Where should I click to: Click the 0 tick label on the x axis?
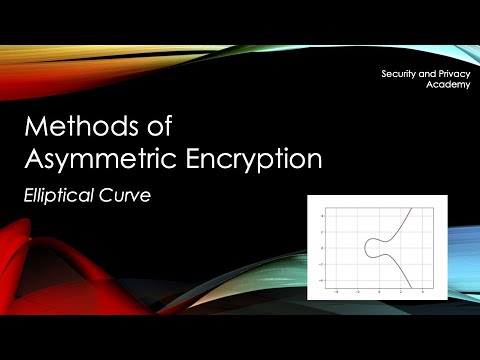(380, 290)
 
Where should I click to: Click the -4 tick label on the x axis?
(337, 290)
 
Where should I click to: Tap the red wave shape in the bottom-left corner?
(40, 270)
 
